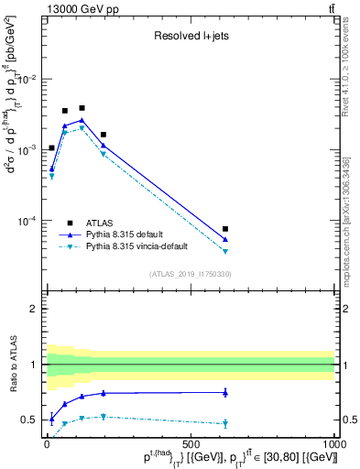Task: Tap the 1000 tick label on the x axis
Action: (334, 443)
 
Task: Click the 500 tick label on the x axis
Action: (191, 443)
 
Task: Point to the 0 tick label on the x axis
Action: (47, 443)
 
